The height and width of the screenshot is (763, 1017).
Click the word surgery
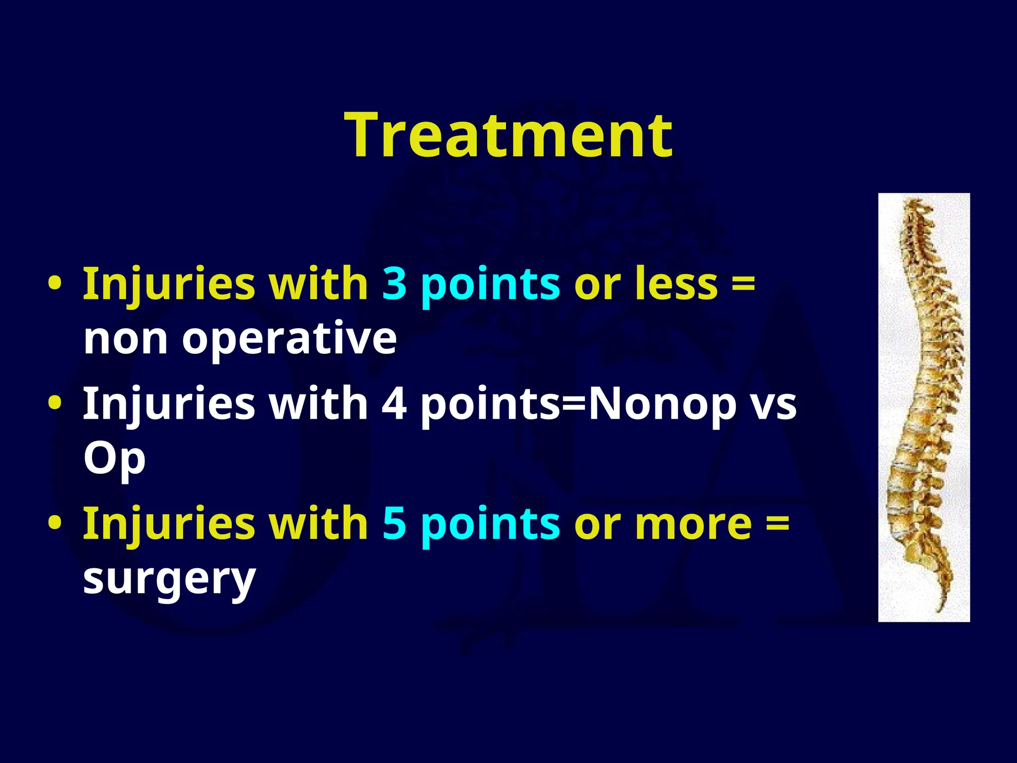[169, 580]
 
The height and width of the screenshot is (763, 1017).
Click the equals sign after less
[743, 286]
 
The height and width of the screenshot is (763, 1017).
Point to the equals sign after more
[777, 525]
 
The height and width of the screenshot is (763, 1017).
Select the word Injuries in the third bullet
[169, 524]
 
